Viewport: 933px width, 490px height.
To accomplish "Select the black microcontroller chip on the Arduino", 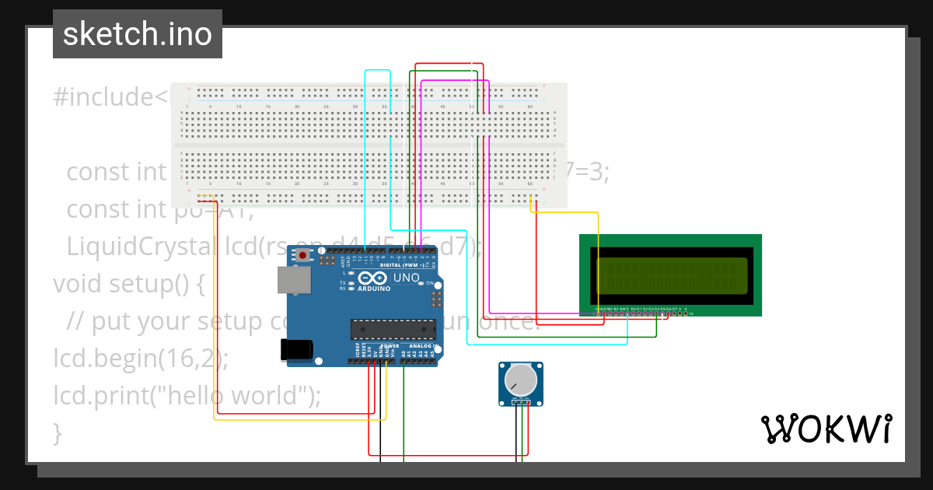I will click(393, 329).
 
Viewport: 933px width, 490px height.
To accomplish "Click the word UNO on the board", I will click(407, 278).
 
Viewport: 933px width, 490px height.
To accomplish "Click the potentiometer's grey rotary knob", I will click(520, 380).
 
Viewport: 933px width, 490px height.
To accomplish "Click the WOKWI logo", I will click(826, 429).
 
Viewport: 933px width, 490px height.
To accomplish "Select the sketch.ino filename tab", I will click(138, 34).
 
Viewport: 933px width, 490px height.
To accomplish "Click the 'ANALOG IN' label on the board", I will click(425, 346).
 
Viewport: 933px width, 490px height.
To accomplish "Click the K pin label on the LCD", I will click(686, 309).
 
